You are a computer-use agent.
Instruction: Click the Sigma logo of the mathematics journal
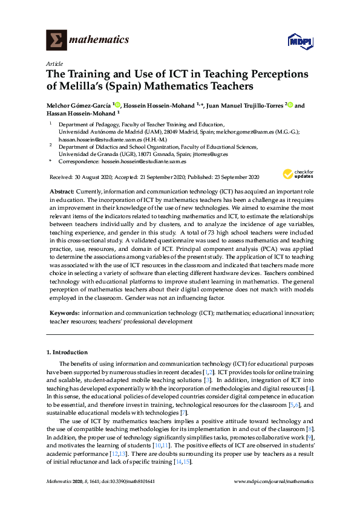tap(57, 41)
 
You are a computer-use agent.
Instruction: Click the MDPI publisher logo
tap(300, 41)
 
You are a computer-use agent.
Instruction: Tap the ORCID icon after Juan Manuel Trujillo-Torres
tap(290, 105)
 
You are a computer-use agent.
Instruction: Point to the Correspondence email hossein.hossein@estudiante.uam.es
tap(143, 161)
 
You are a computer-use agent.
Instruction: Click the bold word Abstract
tap(62, 191)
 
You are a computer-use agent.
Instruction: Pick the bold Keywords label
tap(64, 314)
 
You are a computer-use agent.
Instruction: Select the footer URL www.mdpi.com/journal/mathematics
tap(273, 482)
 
